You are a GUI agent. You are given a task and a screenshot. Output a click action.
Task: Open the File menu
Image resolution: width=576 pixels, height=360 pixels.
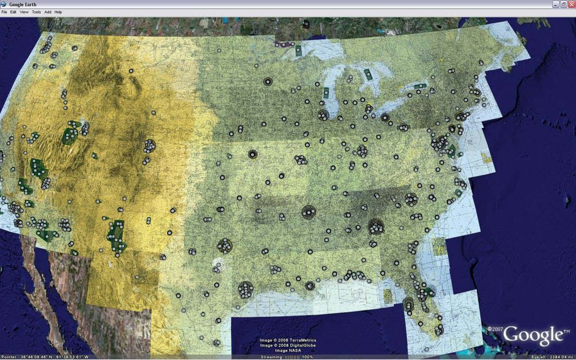(x=5, y=12)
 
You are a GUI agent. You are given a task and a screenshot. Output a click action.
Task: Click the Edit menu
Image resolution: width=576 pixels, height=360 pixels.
(x=13, y=12)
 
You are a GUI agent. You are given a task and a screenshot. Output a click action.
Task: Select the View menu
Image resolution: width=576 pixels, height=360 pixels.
(x=24, y=12)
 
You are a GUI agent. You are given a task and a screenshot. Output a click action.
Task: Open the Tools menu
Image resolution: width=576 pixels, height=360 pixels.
(x=36, y=12)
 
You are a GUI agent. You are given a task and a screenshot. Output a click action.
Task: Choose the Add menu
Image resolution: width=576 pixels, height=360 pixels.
(x=48, y=12)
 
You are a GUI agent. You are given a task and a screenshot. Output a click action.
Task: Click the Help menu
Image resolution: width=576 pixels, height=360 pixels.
(x=58, y=12)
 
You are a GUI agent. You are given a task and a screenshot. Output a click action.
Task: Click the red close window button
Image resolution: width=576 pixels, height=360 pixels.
(x=571, y=4)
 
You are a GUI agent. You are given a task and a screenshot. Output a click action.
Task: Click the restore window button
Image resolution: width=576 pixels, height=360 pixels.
(x=563, y=4)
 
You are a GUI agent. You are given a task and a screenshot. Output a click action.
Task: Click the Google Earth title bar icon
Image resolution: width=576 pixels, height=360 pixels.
(x=4, y=4)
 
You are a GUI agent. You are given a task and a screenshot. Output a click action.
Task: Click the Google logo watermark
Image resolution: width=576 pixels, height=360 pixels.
(x=534, y=336)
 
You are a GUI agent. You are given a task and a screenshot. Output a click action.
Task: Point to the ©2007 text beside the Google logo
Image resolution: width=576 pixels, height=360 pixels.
(x=495, y=329)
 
